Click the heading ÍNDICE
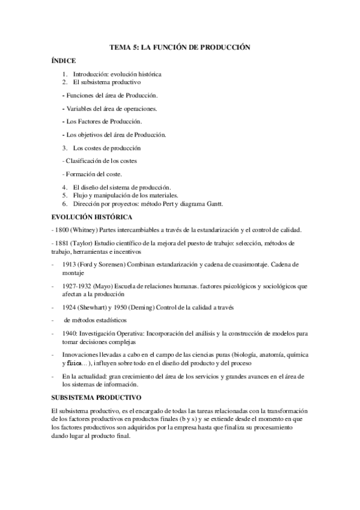[64, 61]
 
